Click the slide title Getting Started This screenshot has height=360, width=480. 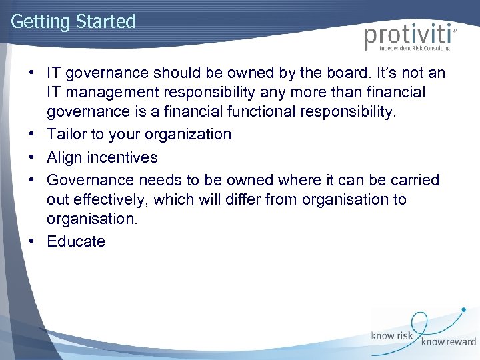73,21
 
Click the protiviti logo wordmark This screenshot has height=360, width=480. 409,35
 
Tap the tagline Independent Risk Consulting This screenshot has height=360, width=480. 414,49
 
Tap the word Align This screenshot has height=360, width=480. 65,157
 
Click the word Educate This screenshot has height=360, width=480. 76,241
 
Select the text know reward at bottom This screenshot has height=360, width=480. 447,342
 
